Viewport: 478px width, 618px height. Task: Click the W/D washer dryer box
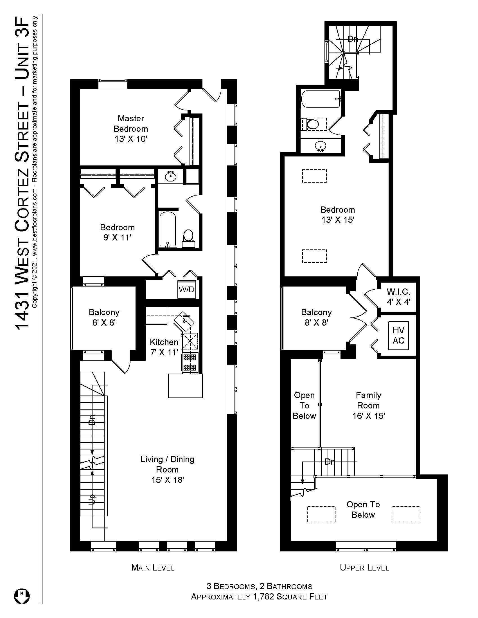(x=186, y=289)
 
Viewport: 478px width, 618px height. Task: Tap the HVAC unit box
(x=398, y=336)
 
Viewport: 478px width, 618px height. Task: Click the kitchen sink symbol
(x=184, y=321)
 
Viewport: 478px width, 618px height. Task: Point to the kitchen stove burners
(x=190, y=362)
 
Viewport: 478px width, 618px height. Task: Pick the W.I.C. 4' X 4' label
(x=398, y=297)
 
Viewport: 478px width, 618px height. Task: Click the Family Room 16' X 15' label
(x=368, y=405)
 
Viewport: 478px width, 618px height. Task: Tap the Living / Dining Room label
(x=167, y=469)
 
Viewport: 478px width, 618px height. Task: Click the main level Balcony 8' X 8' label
(x=104, y=317)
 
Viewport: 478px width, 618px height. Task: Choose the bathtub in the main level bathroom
(x=168, y=230)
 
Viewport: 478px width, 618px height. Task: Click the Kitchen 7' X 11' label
(x=164, y=347)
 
